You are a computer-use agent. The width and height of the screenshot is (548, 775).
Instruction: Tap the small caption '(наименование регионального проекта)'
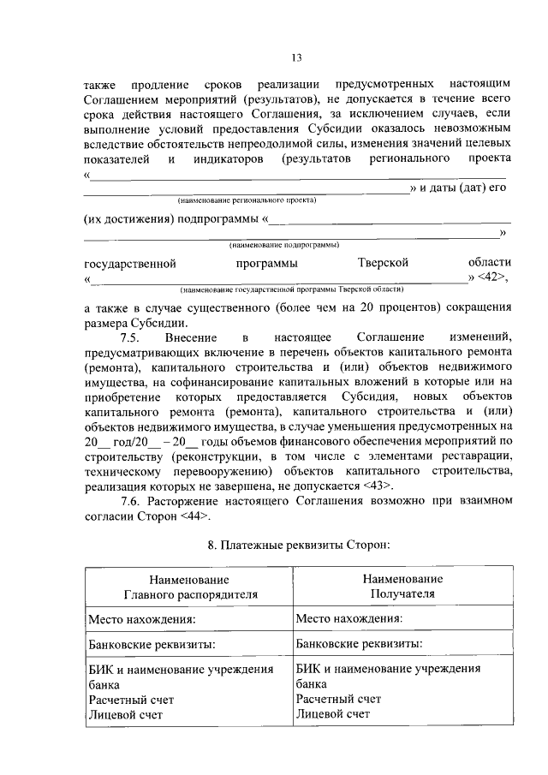[x=247, y=200]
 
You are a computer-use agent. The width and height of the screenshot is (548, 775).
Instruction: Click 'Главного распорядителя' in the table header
[x=189, y=593]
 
